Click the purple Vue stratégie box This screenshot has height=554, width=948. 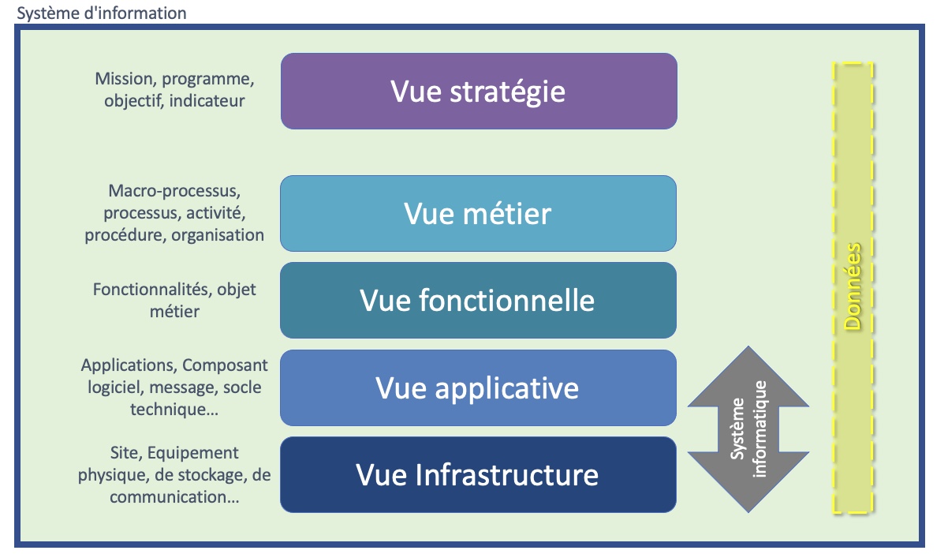pos(479,92)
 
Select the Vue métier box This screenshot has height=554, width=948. pos(479,214)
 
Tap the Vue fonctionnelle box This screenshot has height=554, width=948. pos(479,301)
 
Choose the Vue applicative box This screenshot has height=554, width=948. pos(479,388)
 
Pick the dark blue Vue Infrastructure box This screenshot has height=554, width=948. pos(479,475)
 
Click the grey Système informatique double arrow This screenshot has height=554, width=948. pos(748,429)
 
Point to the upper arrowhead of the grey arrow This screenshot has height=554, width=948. pos(748,371)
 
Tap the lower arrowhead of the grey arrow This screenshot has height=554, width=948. pos(748,489)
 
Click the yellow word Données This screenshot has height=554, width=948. pos(853,286)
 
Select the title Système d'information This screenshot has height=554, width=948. pos(102,13)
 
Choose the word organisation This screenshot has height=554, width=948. pos(218,235)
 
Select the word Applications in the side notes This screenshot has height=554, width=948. pos(129,365)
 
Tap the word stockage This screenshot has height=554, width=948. pos(210,475)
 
